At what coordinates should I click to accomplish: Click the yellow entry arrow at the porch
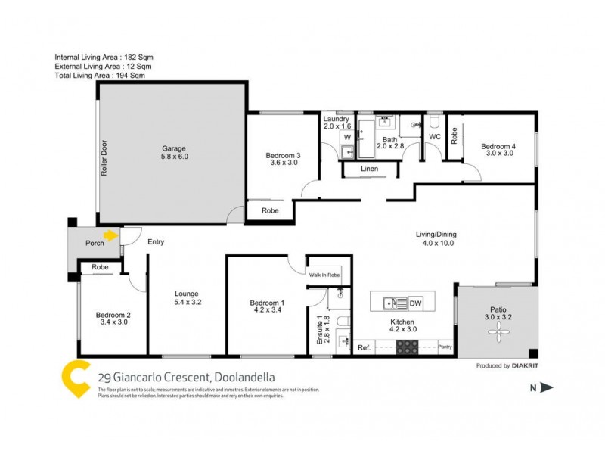pyautogui.click(x=112, y=235)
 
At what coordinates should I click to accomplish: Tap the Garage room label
pyautogui.click(x=173, y=148)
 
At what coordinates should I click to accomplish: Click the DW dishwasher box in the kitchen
pyautogui.click(x=414, y=303)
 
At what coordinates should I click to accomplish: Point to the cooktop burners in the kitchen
pyautogui.click(x=408, y=347)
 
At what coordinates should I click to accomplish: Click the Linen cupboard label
pyautogui.click(x=369, y=169)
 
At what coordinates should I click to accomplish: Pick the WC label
pyautogui.click(x=435, y=137)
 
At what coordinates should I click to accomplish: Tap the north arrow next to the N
pyautogui.click(x=548, y=388)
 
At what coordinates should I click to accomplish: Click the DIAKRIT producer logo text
pyautogui.click(x=526, y=366)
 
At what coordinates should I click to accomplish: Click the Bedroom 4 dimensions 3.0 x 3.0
pyautogui.click(x=499, y=153)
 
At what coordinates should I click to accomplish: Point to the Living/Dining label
pyautogui.click(x=436, y=235)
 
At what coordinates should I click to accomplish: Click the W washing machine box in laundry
pyautogui.click(x=347, y=138)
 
